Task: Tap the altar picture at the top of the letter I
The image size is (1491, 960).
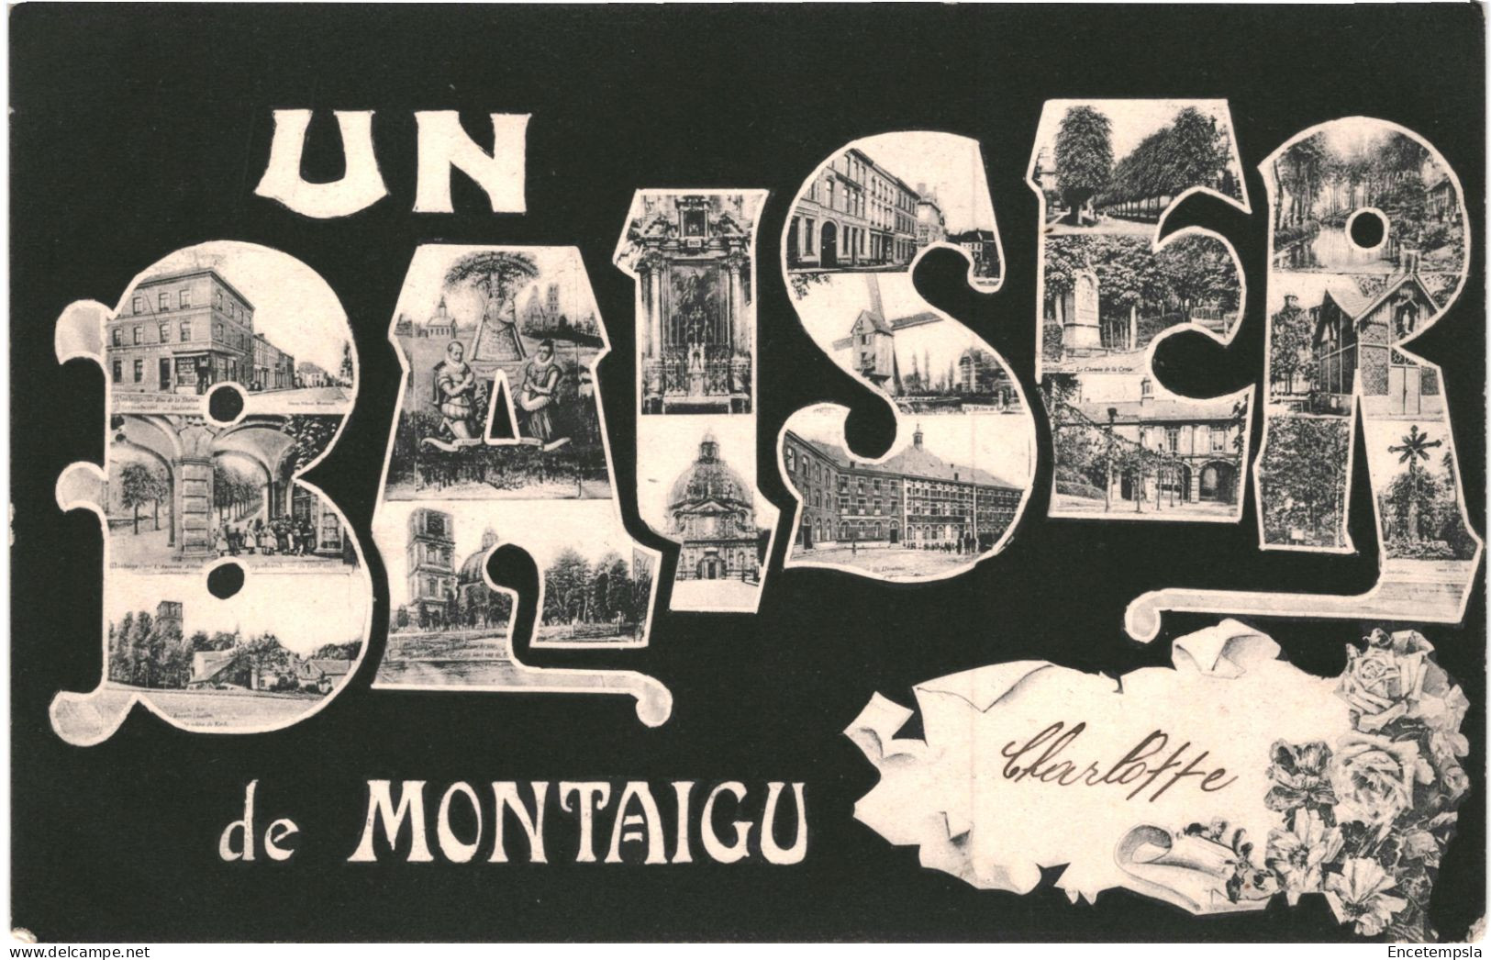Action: [x=694, y=312]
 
